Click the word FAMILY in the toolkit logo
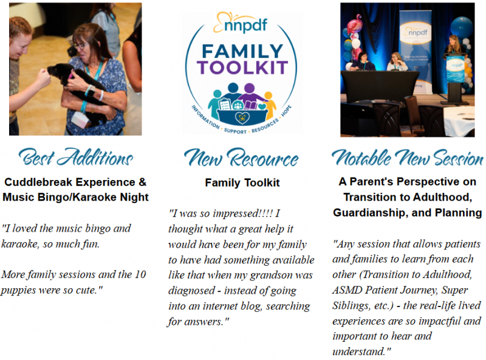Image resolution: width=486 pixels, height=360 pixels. [x=242, y=52]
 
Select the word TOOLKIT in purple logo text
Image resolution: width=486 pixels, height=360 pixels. [x=242, y=67]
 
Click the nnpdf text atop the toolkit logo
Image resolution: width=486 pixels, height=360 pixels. [x=245, y=25]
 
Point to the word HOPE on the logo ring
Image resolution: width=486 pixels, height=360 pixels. [x=286, y=111]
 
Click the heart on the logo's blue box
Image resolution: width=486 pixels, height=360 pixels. [x=242, y=117]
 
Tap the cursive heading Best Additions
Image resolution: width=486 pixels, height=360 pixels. [x=76, y=157]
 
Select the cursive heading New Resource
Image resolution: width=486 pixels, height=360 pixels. [x=241, y=158]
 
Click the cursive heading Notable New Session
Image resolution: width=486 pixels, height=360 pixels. [x=407, y=157]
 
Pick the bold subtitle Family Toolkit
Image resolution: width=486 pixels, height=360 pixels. [x=242, y=182]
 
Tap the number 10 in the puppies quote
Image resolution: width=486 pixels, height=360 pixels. [x=140, y=274]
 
